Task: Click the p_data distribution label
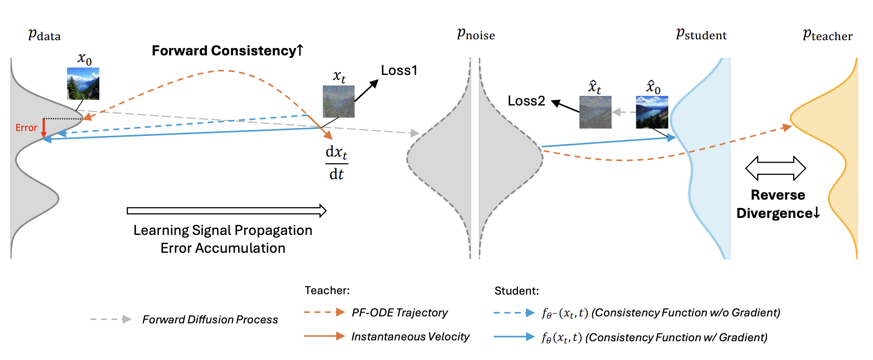click(x=44, y=35)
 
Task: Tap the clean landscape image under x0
click(x=83, y=84)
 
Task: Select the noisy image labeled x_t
click(x=338, y=102)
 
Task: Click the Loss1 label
click(x=399, y=70)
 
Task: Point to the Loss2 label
click(x=526, y=101)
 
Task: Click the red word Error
click(x=26, y=128)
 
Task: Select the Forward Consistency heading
click(x=227, y=51)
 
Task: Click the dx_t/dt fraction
click(x=337, y=163)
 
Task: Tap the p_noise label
click(x=476, y=34)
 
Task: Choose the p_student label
click(x=701, y=34)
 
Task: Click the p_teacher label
click(x=827, y=35)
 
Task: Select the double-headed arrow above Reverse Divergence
click(x=775, y=168)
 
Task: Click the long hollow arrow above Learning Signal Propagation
click(x=227, y=211)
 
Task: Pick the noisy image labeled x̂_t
click(x=595, y=112)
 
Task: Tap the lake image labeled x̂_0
click(x=652, y=112)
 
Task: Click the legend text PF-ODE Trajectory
click(x=399, y=312)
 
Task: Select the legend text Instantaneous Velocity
click(x=410, y=336)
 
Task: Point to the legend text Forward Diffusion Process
click(x=210, y=319)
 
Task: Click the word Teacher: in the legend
click(x=327, y=290)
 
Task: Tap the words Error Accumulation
click(x=223, y=248)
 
